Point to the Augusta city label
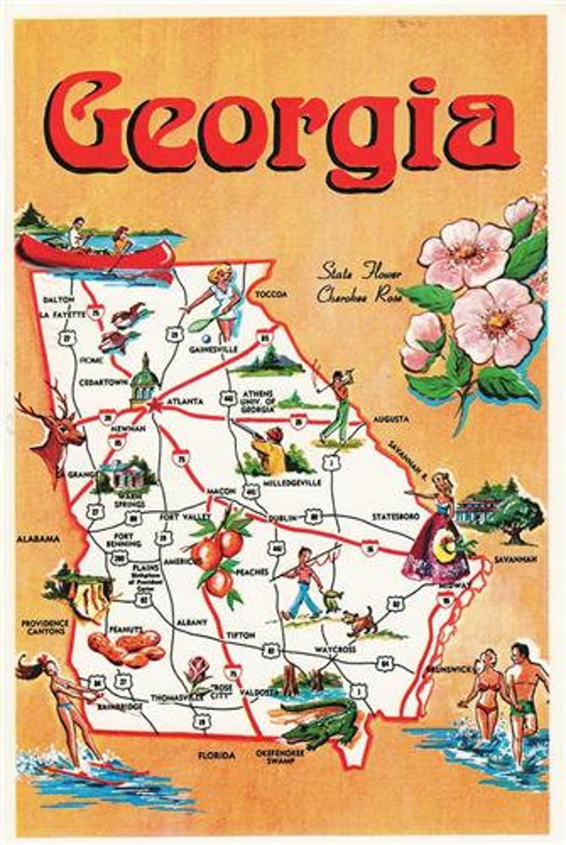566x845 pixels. (x=392, y=419)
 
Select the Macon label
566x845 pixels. (x=221, y=491)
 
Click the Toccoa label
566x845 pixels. (x=271, y=295)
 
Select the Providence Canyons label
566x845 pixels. (x=45, y=627)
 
